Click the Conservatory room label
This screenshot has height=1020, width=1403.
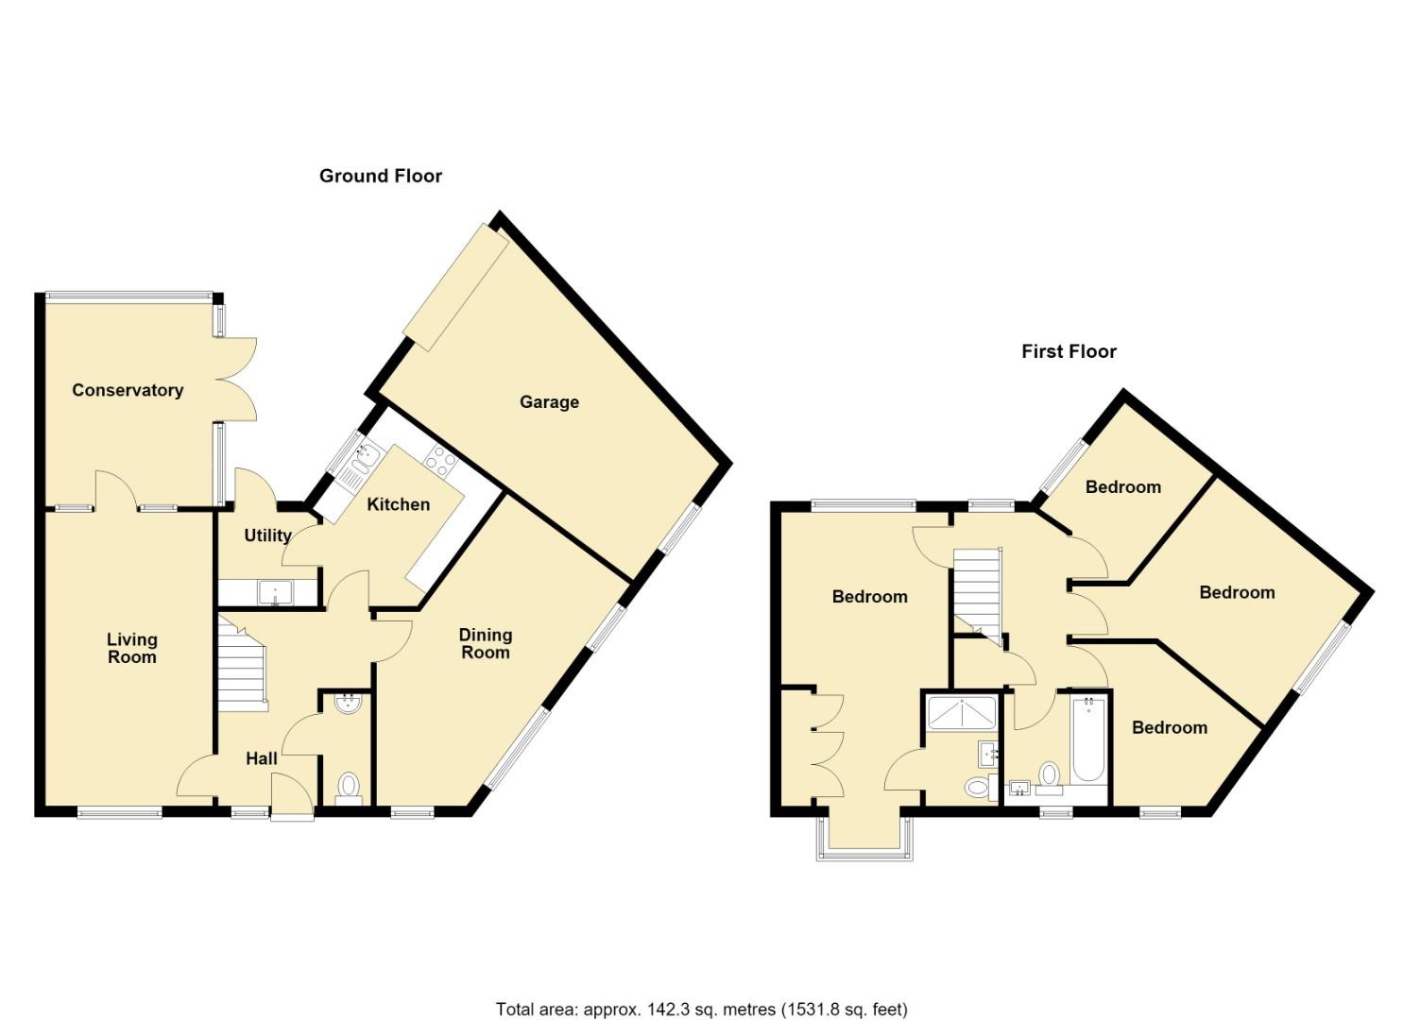pyautogui.click(x=128, y=390)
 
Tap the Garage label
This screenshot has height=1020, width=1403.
pyautogui.click(x=549, y=402)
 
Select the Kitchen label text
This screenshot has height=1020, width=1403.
pyautogui.click(x=399, y=504)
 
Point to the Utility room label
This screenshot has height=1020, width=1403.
pyautogui.click(x=267, y=535)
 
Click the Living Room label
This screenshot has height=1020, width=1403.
pyautogui.click(x=131, y=648)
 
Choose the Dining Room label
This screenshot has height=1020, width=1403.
pyautogui.click(x=486, y=644)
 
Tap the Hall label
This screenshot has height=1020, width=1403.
pyautogui.click(x=261, y=759)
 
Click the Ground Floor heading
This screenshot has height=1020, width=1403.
pyautogui.click(x=381, y=176)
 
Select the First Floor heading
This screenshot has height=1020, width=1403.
pyautogui.click(x=1069, y=351)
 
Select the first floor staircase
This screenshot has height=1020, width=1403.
pyautogui.click(x=978, y=594)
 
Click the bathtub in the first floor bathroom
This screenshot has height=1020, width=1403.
pyautogui.click(x=1089, y=740)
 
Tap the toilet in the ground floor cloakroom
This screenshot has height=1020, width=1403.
pyautogui.click(x=349, y=789)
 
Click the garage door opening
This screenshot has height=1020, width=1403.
pyautogui.click(x=455, y=287)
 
